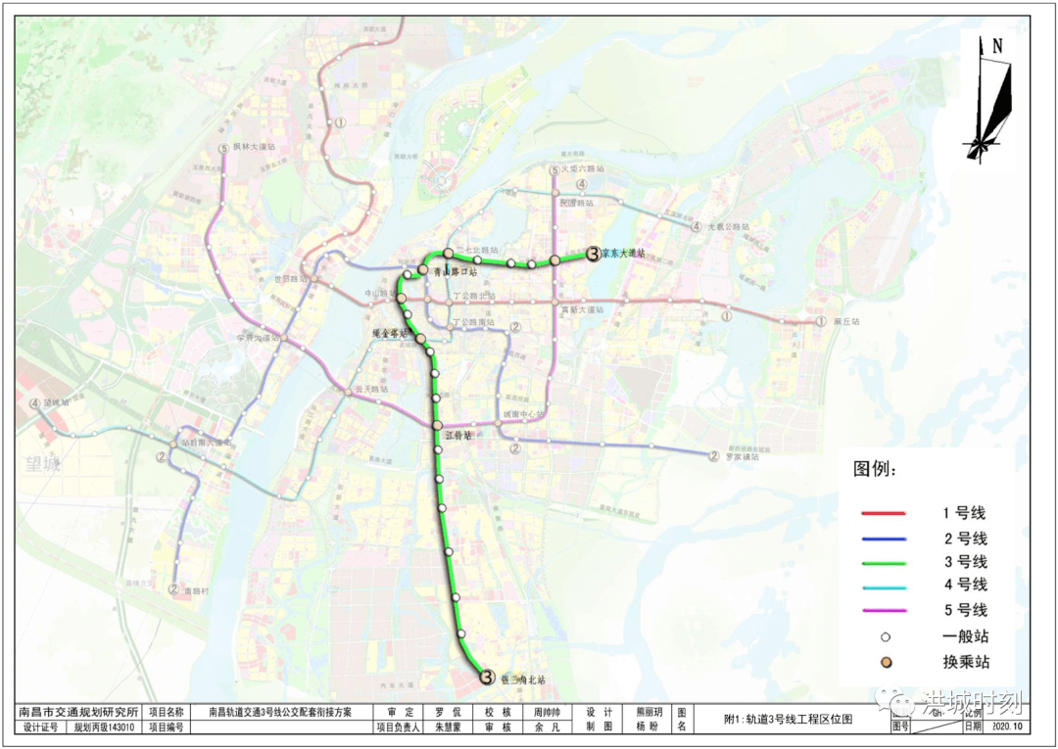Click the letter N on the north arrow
tap(997, 45)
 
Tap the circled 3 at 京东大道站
tap(593, 254)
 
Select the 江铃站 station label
tap(458, 435)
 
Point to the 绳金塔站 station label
tap(389, 334)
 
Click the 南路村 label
tap(197, 590)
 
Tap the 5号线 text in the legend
tap(964, 610)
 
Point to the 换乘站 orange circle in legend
tap(886, 663)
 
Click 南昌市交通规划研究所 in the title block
tap(79, 712)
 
